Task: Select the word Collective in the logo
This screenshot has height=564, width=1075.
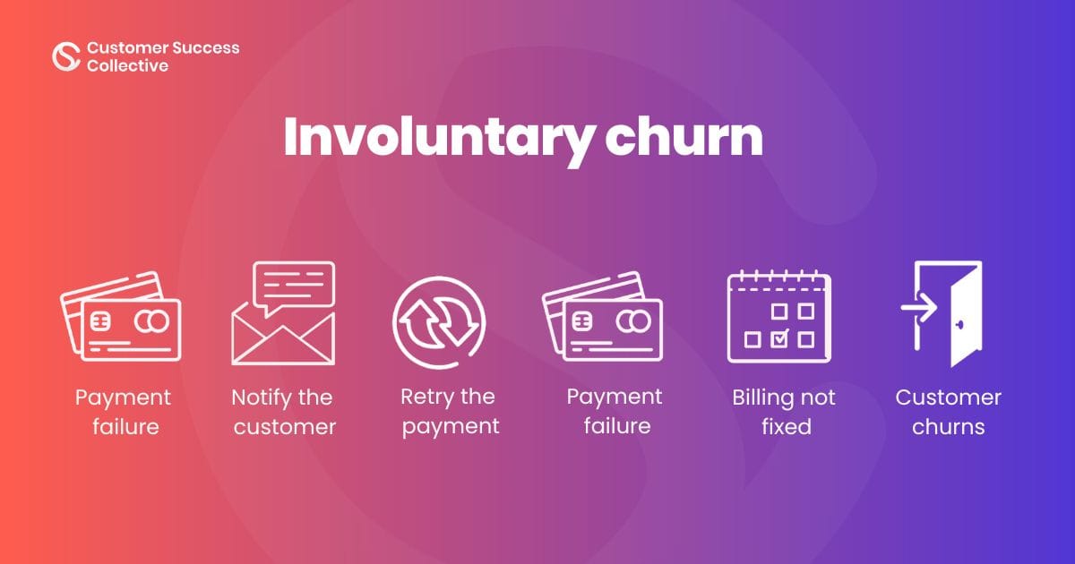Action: tap(127, 65)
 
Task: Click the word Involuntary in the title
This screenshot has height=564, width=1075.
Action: tap(436, 136)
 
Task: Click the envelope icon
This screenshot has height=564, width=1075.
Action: tap(283, 335)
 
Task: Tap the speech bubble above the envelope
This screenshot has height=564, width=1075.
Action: tap(294, 283)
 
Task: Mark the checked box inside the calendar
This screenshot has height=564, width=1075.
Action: tap(779, 338)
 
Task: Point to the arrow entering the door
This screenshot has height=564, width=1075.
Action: tap(919, 309)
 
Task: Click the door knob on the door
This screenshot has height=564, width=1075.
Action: tap(959, 324)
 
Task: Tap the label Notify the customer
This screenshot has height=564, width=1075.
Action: tap(283, 412)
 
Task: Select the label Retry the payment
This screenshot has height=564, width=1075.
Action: tap(450, 411)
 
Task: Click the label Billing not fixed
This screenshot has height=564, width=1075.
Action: tap(784, 412)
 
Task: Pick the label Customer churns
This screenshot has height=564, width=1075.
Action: tap(948, 412)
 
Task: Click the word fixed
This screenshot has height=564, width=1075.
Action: tap(786, 426)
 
